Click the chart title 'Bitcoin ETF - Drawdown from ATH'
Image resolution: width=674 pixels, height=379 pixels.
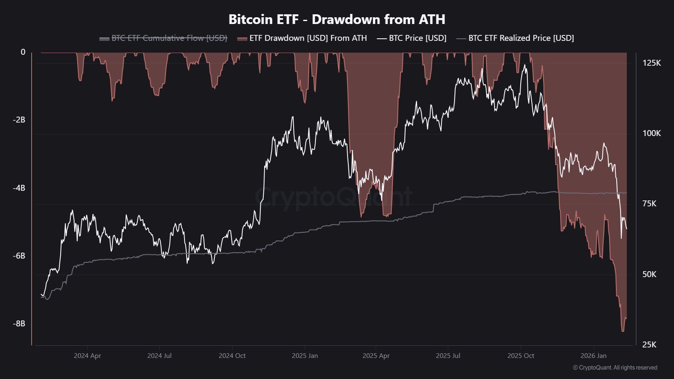click(x=337, y=19)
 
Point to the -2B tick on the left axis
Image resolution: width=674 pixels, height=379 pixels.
click(x=19, y=120)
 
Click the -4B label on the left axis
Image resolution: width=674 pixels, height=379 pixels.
click(x=19, y=188)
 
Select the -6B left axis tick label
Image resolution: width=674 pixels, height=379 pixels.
click(x=19, y=256)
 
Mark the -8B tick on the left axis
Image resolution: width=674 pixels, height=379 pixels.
click(x=19, y=324)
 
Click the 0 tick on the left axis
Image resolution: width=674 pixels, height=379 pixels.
click(x=23, y=52)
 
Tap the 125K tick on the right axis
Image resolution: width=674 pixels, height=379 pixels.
click(x=652, y=63)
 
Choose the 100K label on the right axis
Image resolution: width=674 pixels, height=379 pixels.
click(x=652, y=133)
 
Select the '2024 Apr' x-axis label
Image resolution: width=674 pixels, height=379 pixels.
click(x=87, y=356)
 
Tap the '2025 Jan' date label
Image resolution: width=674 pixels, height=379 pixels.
click(x=305, y=356)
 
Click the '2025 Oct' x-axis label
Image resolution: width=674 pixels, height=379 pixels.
click(x=521, y=356)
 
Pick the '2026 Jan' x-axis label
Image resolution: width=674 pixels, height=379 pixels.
click(x=594, y=356)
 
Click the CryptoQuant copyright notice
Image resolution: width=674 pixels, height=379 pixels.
click(x=615, y=368)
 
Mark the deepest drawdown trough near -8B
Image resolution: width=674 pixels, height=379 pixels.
click(x=623, y=331)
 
